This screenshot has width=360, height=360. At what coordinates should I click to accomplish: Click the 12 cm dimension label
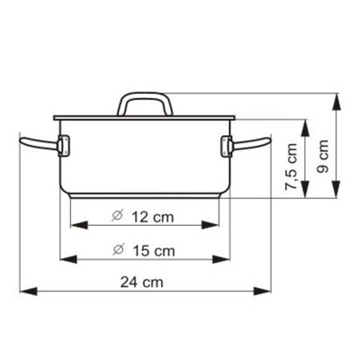153,217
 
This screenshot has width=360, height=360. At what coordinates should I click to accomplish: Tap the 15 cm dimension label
153,250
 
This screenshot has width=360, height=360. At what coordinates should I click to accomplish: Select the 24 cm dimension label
142,283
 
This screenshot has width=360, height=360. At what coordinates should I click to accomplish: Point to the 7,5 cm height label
292,166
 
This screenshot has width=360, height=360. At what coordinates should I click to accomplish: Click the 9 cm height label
322,156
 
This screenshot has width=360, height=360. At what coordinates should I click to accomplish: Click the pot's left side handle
39,144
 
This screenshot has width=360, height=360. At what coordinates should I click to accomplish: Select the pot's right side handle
251,145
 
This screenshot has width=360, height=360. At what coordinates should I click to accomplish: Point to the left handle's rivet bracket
64,146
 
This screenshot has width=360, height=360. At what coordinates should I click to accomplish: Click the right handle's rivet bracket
227,147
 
